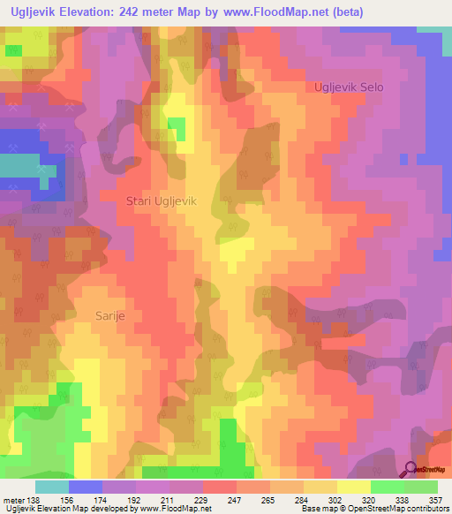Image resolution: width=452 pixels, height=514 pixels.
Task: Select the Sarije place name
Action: coord(112,314)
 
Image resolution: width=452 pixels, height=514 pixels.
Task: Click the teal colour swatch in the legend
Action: coord(51,487)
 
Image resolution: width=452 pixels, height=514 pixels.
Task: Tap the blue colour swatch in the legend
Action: coord(85,487)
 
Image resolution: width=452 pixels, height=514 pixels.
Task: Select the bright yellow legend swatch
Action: coord(353,487)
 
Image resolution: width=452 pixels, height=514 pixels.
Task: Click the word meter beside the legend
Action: coord(12,499)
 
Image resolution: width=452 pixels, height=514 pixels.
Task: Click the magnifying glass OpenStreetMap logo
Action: coord(410,470)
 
